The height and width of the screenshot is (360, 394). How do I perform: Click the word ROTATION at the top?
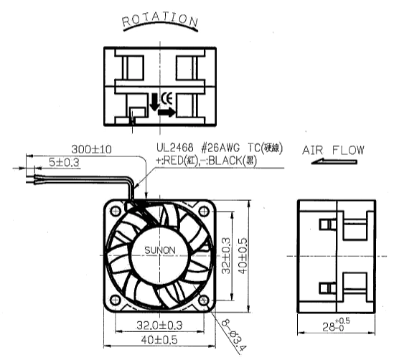coord(160,19)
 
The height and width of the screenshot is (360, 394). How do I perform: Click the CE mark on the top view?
coord(166,99)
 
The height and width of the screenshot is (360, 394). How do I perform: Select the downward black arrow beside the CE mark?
coord(154,102)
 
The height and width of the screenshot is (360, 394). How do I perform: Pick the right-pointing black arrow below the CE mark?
coord(166,112)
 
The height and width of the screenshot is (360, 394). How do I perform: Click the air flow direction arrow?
coord(334,161)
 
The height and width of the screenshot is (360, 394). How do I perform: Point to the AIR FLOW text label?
coord(333,151)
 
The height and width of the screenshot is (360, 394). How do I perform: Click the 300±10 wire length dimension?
coord(91,149)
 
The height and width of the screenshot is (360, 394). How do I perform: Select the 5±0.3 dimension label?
coord(64,162)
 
